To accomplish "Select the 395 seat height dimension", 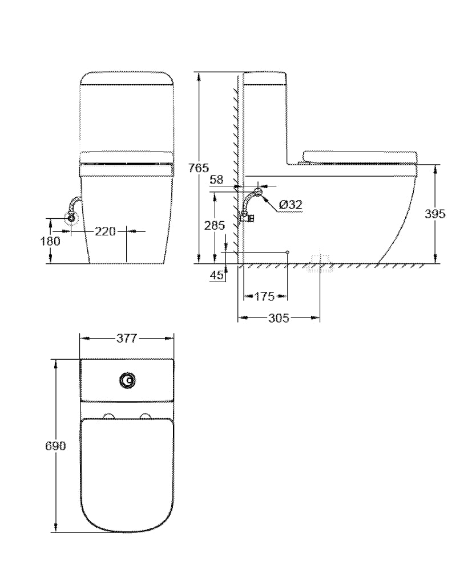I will tap(435, 214).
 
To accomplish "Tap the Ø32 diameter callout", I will tap(291, 205).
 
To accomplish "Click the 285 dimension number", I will tap(215, 225).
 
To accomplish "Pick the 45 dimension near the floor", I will tap(217, 275).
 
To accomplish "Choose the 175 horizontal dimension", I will tap(265, 296).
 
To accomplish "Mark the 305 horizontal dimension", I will tap(279, 318).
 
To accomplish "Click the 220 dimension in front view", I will tap(105, 231).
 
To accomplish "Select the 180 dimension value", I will tap(51, 241).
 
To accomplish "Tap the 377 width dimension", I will tap(127, 338).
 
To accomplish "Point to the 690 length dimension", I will tap(56, 446).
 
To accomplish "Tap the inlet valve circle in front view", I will tap(71, 218).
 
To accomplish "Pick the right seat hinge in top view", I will tap(146, 415).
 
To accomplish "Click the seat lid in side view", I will tap(361, 156).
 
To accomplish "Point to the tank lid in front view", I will tap(127, 78).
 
